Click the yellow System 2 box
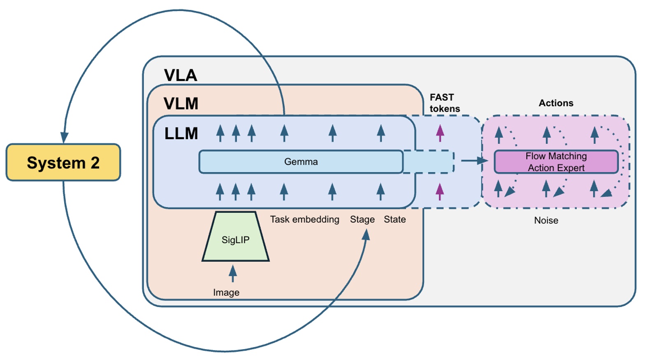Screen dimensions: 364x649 (63, 162)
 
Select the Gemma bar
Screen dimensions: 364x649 (301, 162)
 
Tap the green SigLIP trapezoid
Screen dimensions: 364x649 (235, 239)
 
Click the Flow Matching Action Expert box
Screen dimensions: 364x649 (556, 162)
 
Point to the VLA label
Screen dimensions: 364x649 (181, 75)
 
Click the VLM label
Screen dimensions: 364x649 (181, 103)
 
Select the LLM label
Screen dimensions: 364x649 (181, 133)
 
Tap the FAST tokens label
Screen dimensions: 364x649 (444, 103)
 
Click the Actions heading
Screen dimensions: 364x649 (556, 103)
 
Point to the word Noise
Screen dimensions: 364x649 (546, 220)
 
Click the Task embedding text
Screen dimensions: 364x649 (304, 219)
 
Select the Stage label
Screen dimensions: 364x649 (362, 219)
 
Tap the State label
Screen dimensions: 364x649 (394, 219)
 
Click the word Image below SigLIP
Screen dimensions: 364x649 (226, 292)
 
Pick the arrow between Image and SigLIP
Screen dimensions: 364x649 (233, 273)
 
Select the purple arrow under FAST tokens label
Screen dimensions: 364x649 (440, 133)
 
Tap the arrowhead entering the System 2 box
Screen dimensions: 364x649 (64, 138)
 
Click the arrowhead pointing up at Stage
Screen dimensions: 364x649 (366, 235)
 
